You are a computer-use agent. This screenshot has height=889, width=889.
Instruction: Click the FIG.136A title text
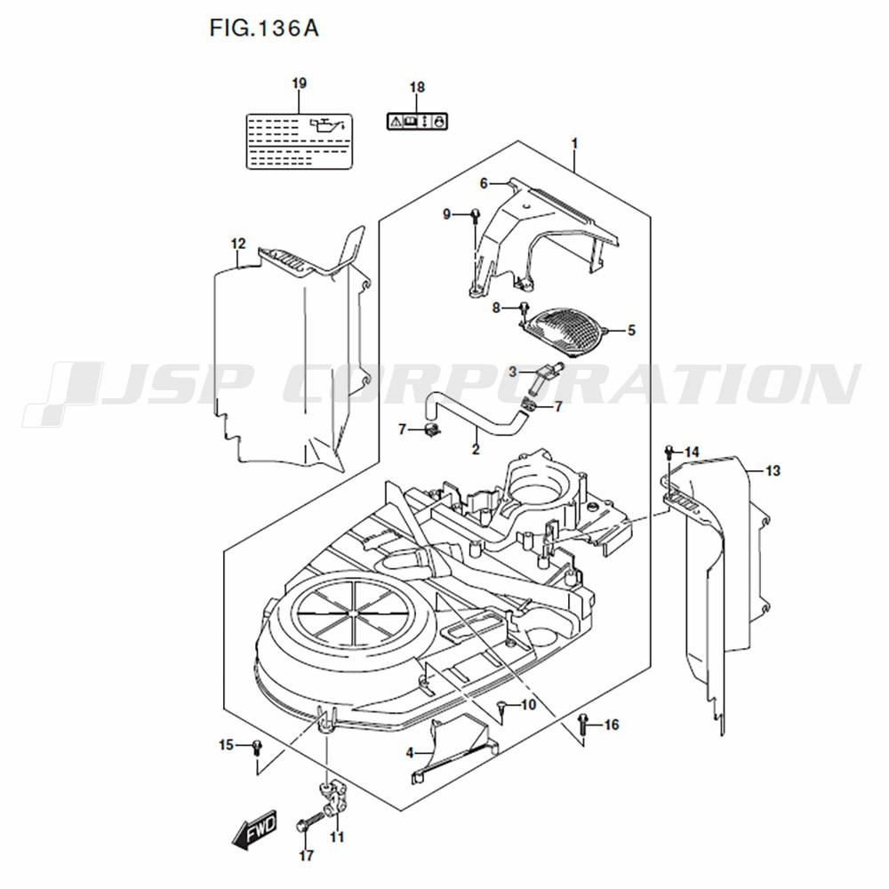(x=263, y=28)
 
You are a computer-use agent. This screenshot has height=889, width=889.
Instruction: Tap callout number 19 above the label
(x=299, y=84)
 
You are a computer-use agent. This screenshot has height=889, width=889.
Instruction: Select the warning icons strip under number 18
(x=417, y=120)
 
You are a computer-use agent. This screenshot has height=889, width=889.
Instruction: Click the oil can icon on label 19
(x=327, y=125)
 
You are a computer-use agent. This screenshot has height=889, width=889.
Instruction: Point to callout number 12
(x=237, y=244)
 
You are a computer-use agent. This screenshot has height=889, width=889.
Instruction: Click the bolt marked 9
(x=476, y=214)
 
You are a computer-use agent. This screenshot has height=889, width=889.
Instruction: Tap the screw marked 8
(x=525, y=308)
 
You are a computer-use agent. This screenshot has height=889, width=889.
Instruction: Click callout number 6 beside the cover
(x=485, y=183)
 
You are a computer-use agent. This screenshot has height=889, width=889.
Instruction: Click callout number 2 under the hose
(x=476, y=450)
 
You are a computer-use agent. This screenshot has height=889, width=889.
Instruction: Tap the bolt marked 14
(x=670, y=453)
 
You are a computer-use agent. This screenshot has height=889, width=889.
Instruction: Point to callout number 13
(x=773, y=470)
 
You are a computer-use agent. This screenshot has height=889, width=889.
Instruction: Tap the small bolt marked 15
(x=257, y=745)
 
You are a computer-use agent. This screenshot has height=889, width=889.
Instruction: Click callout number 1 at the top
(x=574, y=143)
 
